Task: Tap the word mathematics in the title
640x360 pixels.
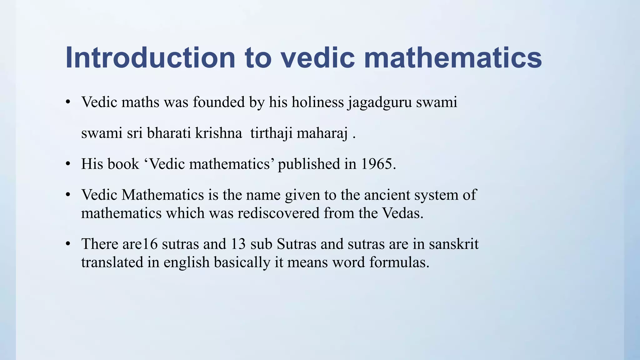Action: pos(453,58)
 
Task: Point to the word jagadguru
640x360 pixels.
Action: pos(380,102)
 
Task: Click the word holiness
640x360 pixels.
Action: pos(317,102)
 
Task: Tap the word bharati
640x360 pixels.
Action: pos(169,133)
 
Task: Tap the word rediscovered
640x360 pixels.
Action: pos(278,213)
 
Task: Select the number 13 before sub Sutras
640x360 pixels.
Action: pos(238,244)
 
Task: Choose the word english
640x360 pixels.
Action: pos(186,262)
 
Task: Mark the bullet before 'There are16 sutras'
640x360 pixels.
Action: pos(68,244)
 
